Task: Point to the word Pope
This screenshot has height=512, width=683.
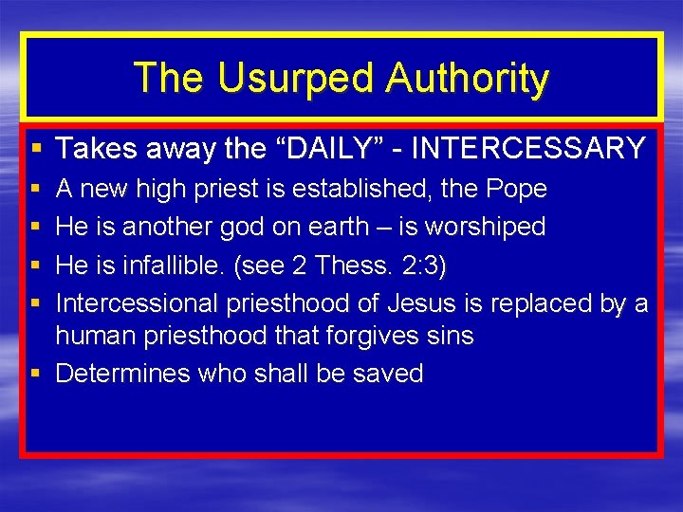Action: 516,189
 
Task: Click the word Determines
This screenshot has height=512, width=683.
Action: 123,374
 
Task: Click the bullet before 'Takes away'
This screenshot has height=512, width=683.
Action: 36,149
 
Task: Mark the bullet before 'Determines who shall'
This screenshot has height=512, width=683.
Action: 36,374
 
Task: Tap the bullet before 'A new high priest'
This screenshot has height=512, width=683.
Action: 36,190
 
